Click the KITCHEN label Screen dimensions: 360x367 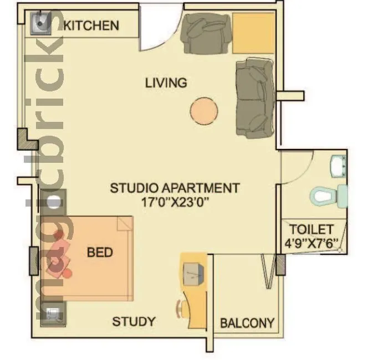pos(91,25)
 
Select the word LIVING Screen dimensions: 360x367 pos(166,83)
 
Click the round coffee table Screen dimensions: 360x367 pos(204,111)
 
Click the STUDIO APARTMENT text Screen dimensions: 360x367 pos(175,188)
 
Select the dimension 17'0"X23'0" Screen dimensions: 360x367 pos(175,202)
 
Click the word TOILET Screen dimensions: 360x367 pos(312,229)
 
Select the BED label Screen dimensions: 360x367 pos(100,253)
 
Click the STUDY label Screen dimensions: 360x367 pos(134,322)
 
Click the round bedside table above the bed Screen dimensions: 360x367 pos(54,202)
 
